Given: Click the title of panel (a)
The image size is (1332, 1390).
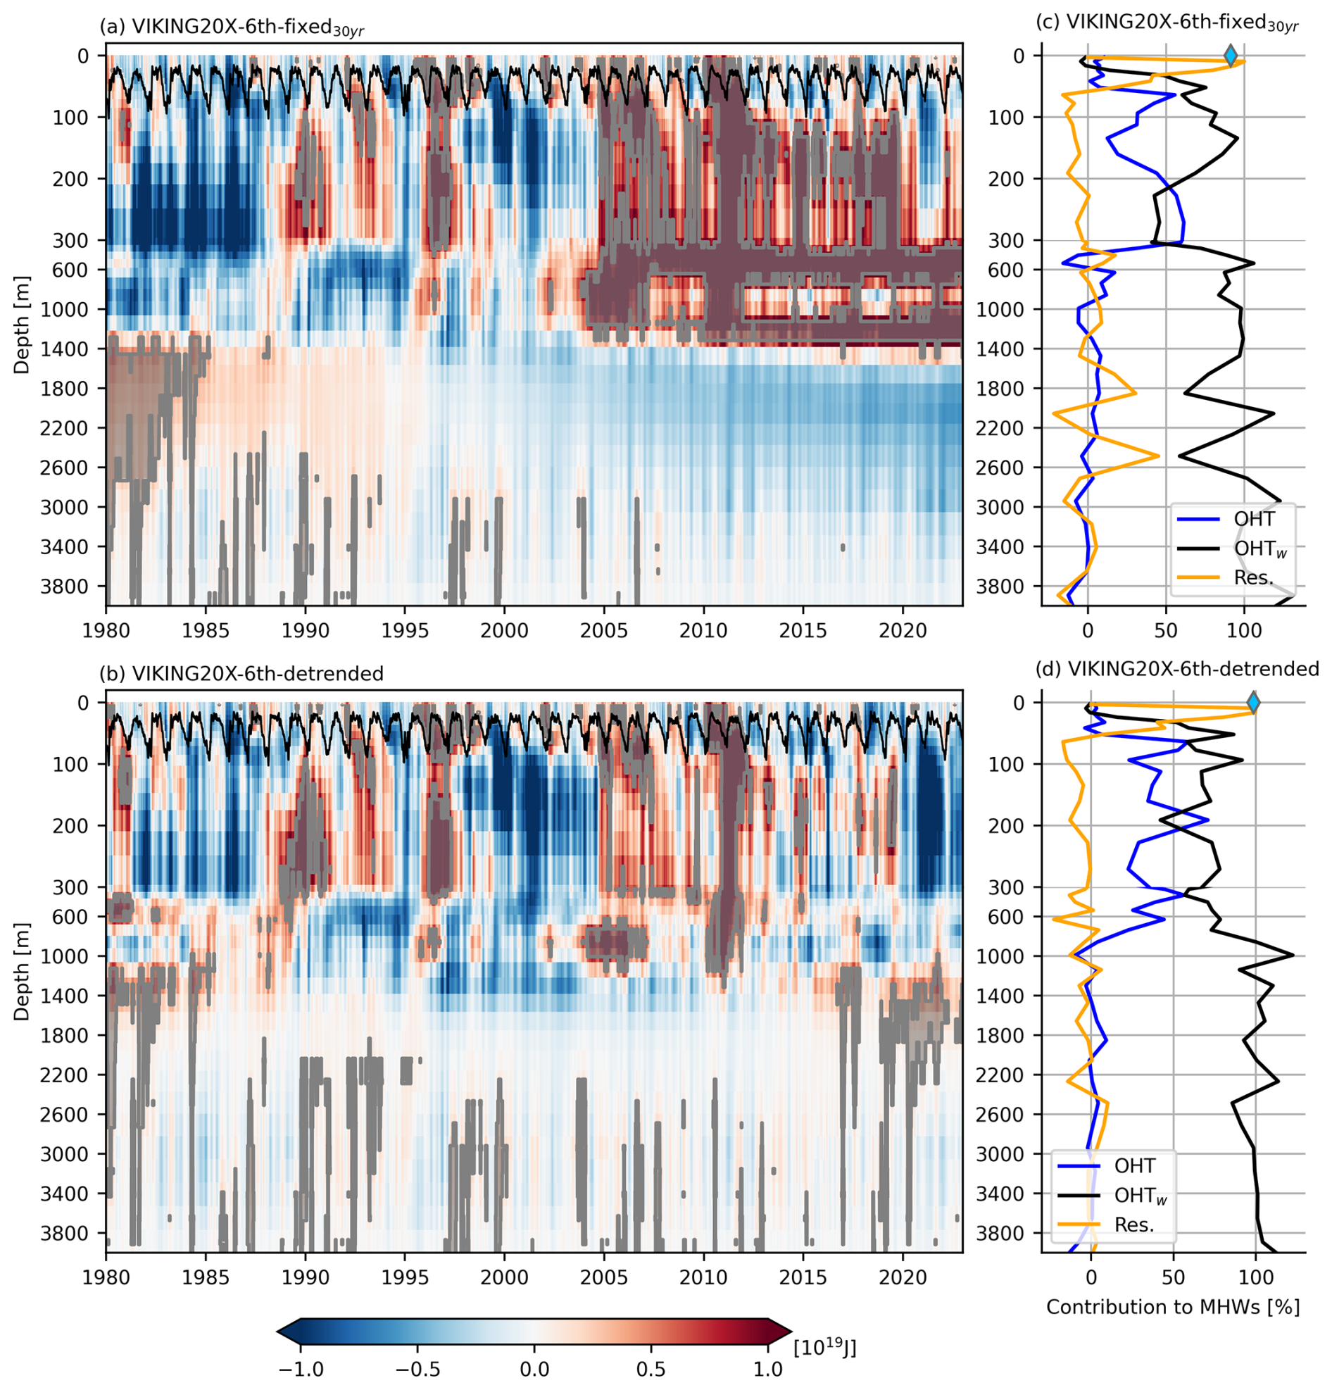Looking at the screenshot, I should pyautogui.click(x=231, y=27).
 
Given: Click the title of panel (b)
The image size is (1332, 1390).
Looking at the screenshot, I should pyautogui.click(x=241, y=673).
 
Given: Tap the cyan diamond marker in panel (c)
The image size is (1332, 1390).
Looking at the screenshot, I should pyautogui.click(x=1231, y=56).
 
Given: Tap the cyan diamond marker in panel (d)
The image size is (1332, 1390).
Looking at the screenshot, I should pyautogui.click(x=1252, y=703).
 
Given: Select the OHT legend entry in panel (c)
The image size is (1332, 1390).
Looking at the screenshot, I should pyautogui.click(x=1234, y=519).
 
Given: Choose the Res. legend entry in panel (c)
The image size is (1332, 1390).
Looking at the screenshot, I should pyautogui.click(x=1234, y=578).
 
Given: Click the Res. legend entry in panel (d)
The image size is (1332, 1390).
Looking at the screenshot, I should pyautogui.click(x=1113, y=1225).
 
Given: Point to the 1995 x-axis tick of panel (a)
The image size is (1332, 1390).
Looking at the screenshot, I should pyautogui.click(x=405, y=630).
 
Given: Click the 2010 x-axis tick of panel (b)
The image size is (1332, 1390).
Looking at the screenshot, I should pyautogui.click(x=703, y=1277).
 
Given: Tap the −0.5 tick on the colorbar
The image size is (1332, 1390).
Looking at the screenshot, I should pyautogui.click(x=417, y=1368).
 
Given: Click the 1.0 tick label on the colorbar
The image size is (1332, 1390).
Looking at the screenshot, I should pyautogui.click(x=768, y=1368).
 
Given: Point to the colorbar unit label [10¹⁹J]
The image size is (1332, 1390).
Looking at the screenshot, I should pyautogui.click(x=824, y=1346).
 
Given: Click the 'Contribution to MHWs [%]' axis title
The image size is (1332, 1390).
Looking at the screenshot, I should pyautogui.click(x=1172, y=1307).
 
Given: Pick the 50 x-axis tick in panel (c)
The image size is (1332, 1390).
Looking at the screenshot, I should pyautogui.click(x=1166, y=630).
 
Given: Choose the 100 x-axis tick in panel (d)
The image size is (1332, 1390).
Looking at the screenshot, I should pyautogui.click(x=1255, y=1277).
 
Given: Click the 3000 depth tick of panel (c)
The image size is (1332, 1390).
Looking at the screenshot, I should pyautogui.click(x=1009, y=507).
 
